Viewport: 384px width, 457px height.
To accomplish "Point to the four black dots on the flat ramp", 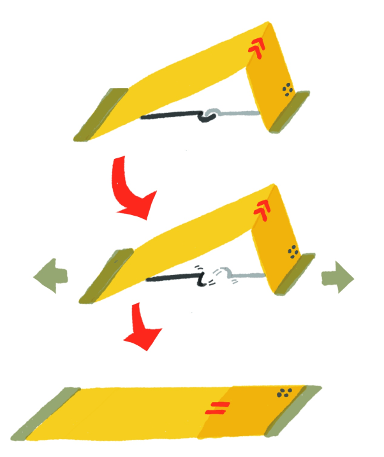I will [x=285, y=394].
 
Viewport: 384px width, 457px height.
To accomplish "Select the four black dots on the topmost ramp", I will [x=288, y=90].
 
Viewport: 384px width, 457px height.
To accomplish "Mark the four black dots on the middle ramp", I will [x=293, y=252].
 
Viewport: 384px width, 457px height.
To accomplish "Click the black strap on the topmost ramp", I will [x=169, y=117].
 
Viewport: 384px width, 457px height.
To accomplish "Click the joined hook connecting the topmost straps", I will [x=208, y=116].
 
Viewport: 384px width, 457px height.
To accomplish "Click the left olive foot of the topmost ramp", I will [x=101, y=114].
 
